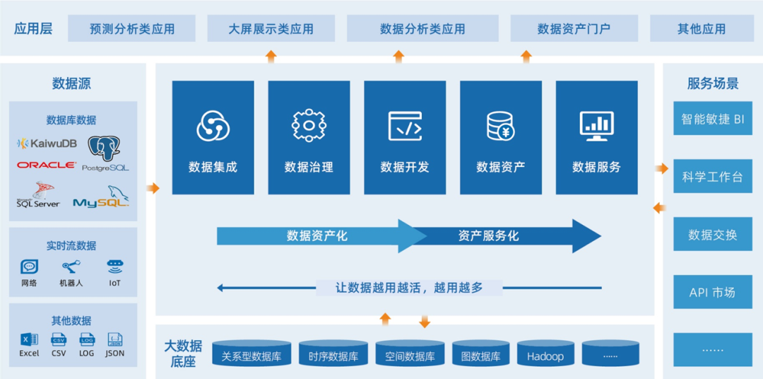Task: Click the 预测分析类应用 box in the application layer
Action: point(132,29)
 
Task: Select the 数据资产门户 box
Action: point(574,29)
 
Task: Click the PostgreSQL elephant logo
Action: point(105,151)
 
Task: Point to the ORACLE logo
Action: point(47,165)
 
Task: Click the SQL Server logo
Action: point(38,194)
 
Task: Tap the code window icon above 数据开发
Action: point(405,126)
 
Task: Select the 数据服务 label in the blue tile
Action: point(596,168)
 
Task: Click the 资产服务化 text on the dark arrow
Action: point(488,235)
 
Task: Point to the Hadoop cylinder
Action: point(545,356)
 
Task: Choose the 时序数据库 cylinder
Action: point(333,356)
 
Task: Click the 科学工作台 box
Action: point(711,177)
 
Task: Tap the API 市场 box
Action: point(711,292)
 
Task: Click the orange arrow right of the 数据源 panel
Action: point(153,188)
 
